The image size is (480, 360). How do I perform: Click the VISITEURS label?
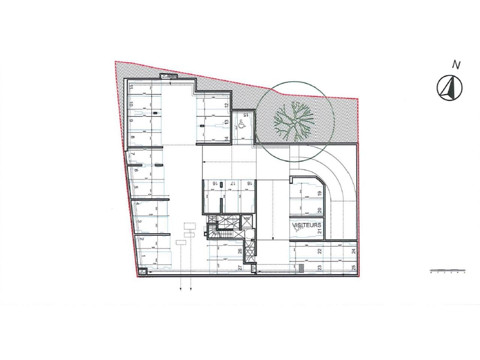click(x=307, y=225)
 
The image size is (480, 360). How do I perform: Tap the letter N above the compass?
click(x=456, y=65)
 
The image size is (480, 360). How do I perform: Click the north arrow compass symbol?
click(x=450, y=87)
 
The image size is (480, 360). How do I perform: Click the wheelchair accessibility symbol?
click(x=242, y=122)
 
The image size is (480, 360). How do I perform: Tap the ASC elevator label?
click(x=247, y=218)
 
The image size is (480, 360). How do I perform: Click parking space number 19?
click(x=319, y=193)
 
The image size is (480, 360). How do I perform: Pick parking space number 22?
click(x=319, y=251)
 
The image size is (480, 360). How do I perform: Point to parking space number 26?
click(x=239, y=251)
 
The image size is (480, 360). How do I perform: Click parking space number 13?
click(x=226, y=122)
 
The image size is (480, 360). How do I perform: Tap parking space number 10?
click(x=132, y=105)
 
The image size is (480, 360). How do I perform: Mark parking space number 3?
click(x=139, y=222)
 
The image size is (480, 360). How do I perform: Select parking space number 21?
click(x=319, y=231)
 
